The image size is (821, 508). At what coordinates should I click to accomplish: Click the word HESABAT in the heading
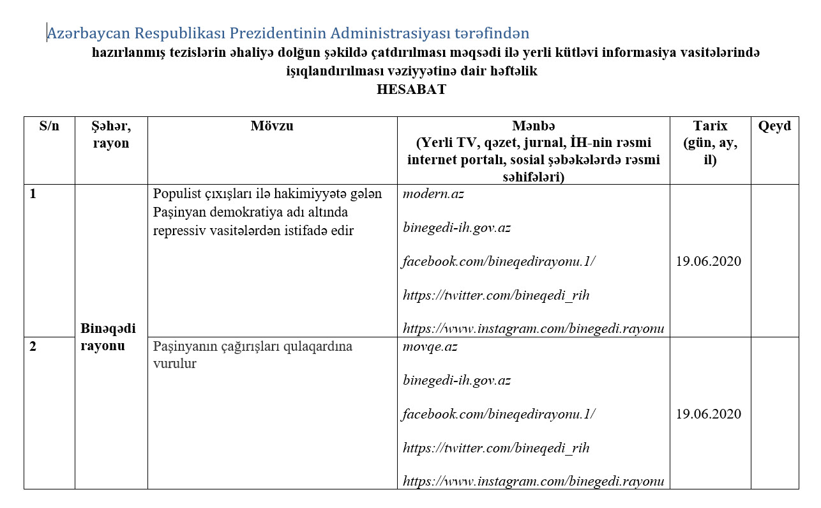(x=411, y=89)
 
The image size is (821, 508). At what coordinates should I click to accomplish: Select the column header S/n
(x=49, y=126)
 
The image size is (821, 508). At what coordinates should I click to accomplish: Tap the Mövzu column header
(x=272, y=126)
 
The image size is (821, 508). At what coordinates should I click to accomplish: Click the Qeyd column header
(x=774, y=126)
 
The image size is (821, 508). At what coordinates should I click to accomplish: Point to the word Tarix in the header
(x=710, y=126)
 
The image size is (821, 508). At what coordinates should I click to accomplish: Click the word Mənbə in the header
(x=533, y=126)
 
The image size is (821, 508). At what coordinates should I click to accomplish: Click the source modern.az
(x=433, y=194)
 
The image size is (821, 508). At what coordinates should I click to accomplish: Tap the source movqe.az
(x=430, y=346)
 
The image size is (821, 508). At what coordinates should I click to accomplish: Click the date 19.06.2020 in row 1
(x=709, y=261)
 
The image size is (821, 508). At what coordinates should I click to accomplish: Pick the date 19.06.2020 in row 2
(x=709, y=414)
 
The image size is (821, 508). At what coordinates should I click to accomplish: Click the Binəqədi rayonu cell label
(x=109, y=337)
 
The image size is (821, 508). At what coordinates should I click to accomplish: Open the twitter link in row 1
(x=496, y=295)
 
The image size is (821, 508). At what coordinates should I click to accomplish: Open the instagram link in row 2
(x=533, y=481)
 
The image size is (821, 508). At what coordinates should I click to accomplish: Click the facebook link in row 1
(x=499, y=261)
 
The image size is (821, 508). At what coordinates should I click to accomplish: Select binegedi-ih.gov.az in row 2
(x=456, y=380)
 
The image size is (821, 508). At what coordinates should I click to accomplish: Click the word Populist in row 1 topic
(x=176, y=194)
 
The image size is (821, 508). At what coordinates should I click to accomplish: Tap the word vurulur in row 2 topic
(x=174, y=364)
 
